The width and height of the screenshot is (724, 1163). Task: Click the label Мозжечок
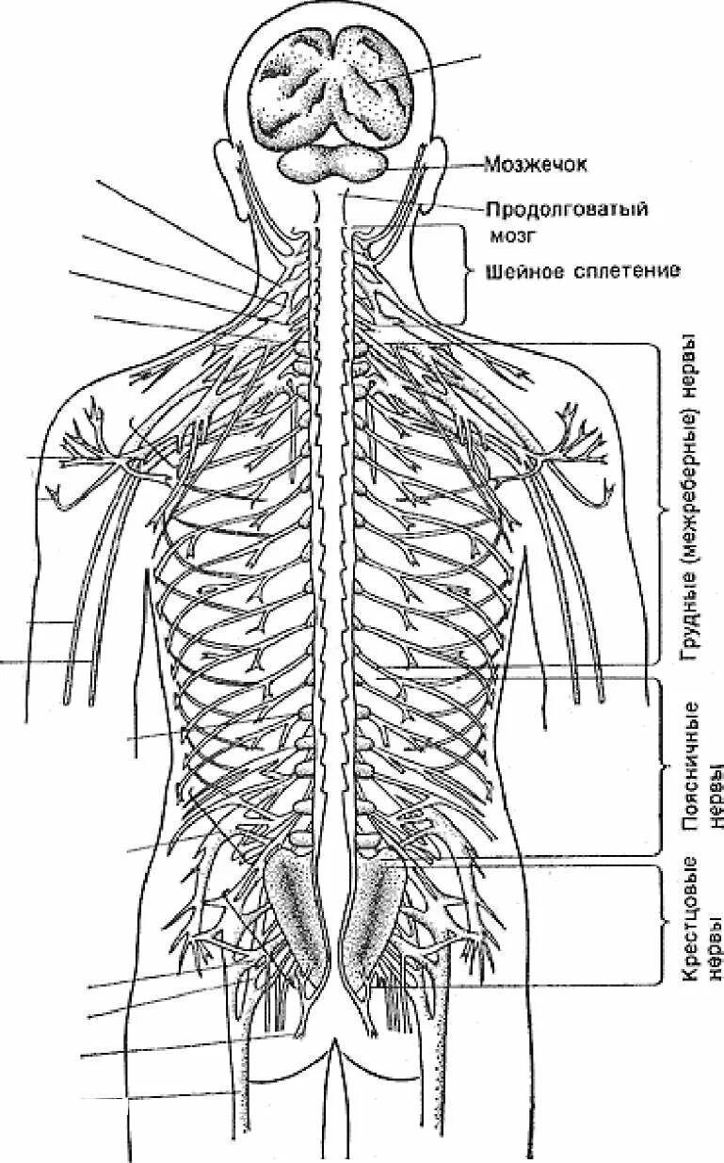(536, 166)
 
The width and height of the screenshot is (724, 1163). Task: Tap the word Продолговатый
(567, 208)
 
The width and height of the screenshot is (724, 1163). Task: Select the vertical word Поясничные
(690, 766)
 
